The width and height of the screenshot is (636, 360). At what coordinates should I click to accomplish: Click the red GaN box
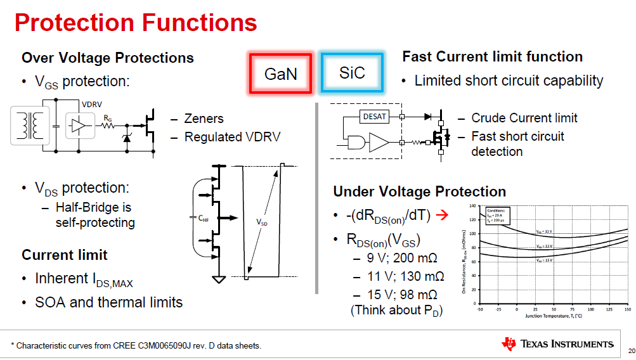pyautogui.click(x=281, y=73)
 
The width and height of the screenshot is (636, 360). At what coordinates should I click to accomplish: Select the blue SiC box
pyautogui.click(x=352, y=72)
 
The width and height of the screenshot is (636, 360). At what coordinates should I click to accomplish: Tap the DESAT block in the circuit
pyautogui.click(x=374, y=116)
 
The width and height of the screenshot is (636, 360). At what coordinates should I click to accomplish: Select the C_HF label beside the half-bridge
pyautogui.click(x=203, y=218)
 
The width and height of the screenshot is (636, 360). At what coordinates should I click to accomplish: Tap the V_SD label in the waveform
pyautogui.click(x=261, y=222)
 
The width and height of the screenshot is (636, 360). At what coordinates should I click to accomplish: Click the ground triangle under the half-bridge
pyautogui.click(x=219, y=280)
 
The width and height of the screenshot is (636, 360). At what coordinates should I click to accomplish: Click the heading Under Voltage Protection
pyautogui.click(x=419, y=191)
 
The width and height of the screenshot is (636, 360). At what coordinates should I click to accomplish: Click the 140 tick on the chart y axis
pyautogui.click(x=472, y=206)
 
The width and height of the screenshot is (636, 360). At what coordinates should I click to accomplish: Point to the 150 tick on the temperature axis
pyautogui.click(x=628, y=309)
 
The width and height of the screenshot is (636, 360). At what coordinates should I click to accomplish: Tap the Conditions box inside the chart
pyautogui.click(x=497, y=215)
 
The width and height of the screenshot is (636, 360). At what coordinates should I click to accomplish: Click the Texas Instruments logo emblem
pyautogui.click(x=509, y=344)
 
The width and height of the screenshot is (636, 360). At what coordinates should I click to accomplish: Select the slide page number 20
pyautogui.click(x=630, y=350)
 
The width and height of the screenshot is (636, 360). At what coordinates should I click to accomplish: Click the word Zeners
pyautogui.click(x=204, y=119)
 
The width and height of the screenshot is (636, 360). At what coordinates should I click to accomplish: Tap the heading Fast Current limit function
pyautogui.click(x=492, y=56)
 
